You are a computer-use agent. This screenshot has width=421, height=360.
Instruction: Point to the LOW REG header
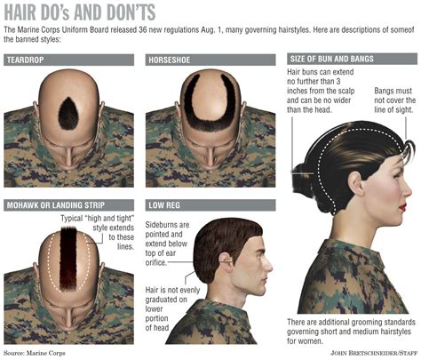click(163, 204)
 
